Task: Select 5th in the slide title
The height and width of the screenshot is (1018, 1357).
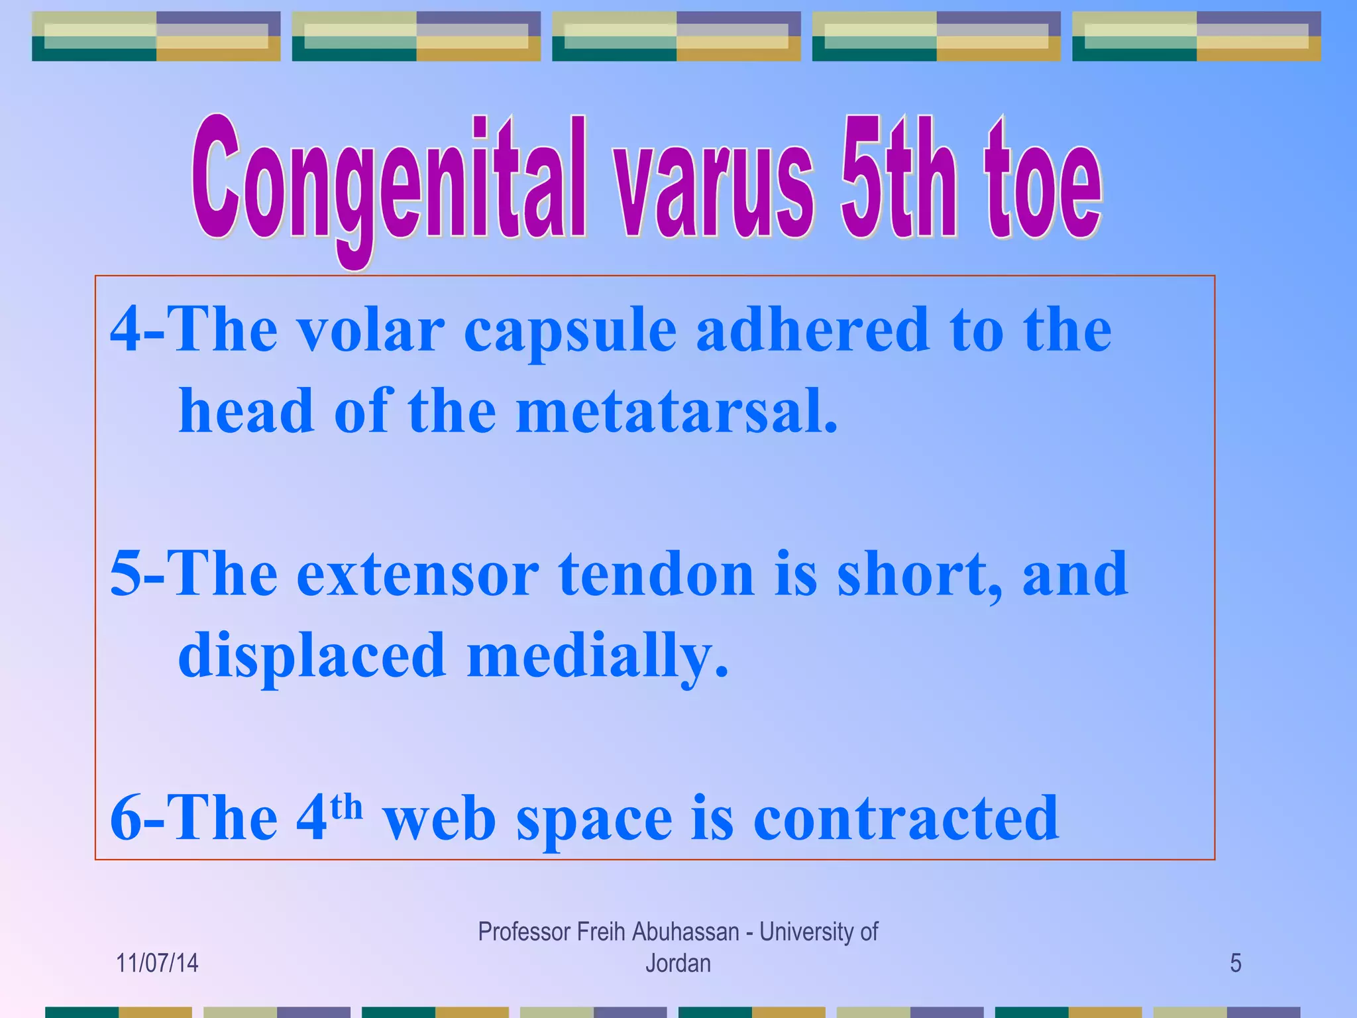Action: tap(898, 179)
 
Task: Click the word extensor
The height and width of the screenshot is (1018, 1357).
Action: tap(417, 575)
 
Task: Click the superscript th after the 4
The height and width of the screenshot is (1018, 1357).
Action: tap(346, 807)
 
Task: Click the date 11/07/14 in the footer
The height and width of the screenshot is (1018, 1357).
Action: tap(157, 963)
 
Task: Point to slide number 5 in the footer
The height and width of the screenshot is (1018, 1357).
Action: tap(1235, 963)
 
